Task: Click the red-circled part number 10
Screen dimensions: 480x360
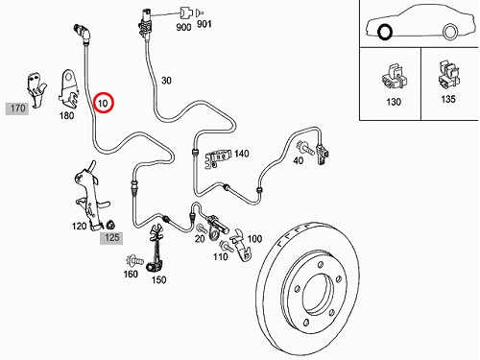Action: click(103, 103)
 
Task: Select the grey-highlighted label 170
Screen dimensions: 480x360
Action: click(17, 108)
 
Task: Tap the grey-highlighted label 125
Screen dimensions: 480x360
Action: click(111, 238)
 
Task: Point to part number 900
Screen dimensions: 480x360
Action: click(183, 27)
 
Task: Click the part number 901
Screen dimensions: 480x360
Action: click(204, 24)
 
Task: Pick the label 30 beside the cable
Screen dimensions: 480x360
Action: click(166, 81)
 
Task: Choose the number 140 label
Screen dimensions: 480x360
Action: click(242, 154)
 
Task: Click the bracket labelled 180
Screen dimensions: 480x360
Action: click(69, 89)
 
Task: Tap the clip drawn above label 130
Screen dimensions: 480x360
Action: click(395, 78)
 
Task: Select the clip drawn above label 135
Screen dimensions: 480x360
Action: click(448, 75)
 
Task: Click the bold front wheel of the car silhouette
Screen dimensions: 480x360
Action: click(385, 32)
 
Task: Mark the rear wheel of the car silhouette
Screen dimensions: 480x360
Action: click(450, 32)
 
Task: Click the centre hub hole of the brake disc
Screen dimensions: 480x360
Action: click(318, 294)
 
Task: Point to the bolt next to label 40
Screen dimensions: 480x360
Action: click(305, 149)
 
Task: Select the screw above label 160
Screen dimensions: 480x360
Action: click(134, 261)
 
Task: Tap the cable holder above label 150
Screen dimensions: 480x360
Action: click(156, 248)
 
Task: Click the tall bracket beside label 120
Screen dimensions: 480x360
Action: click(90, 196)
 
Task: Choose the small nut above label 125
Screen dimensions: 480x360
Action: click(110, 225)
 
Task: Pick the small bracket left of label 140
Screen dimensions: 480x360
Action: click(217, 158)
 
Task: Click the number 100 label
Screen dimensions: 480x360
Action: click(254, 239)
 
